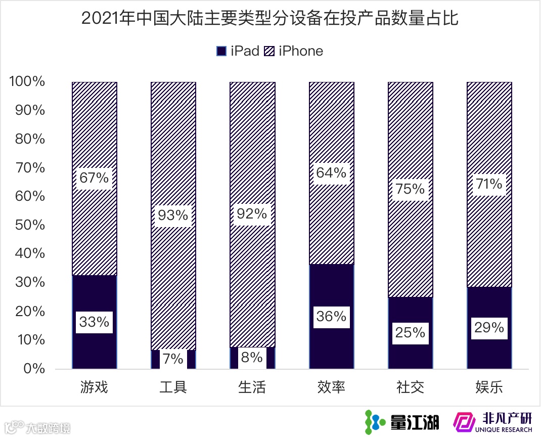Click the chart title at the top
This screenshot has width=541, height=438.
coord(270,19)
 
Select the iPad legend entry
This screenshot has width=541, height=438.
coord(238,51)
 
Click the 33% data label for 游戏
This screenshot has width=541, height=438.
coord(94,322)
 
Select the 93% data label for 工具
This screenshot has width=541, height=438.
coord(173,215)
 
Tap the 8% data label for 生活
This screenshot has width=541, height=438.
coord(252,358)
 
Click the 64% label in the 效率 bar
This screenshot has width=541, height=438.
coord(331,173)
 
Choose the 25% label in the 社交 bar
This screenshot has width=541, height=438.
coord(410,332)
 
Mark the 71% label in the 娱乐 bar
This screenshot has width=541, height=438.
coord(489,184)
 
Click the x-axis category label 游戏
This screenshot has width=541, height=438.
coord(94,388)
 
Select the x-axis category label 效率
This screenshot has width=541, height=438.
coord(331,388)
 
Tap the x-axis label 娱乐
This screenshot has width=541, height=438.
coord(489,388)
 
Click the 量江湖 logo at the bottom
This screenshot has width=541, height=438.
coord(402,421)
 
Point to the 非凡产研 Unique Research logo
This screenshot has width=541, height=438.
coord(493,422)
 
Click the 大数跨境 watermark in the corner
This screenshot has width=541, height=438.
coord(38,427)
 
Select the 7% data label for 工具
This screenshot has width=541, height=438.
coord(173,359)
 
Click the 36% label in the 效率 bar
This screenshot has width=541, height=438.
coord(331,317)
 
